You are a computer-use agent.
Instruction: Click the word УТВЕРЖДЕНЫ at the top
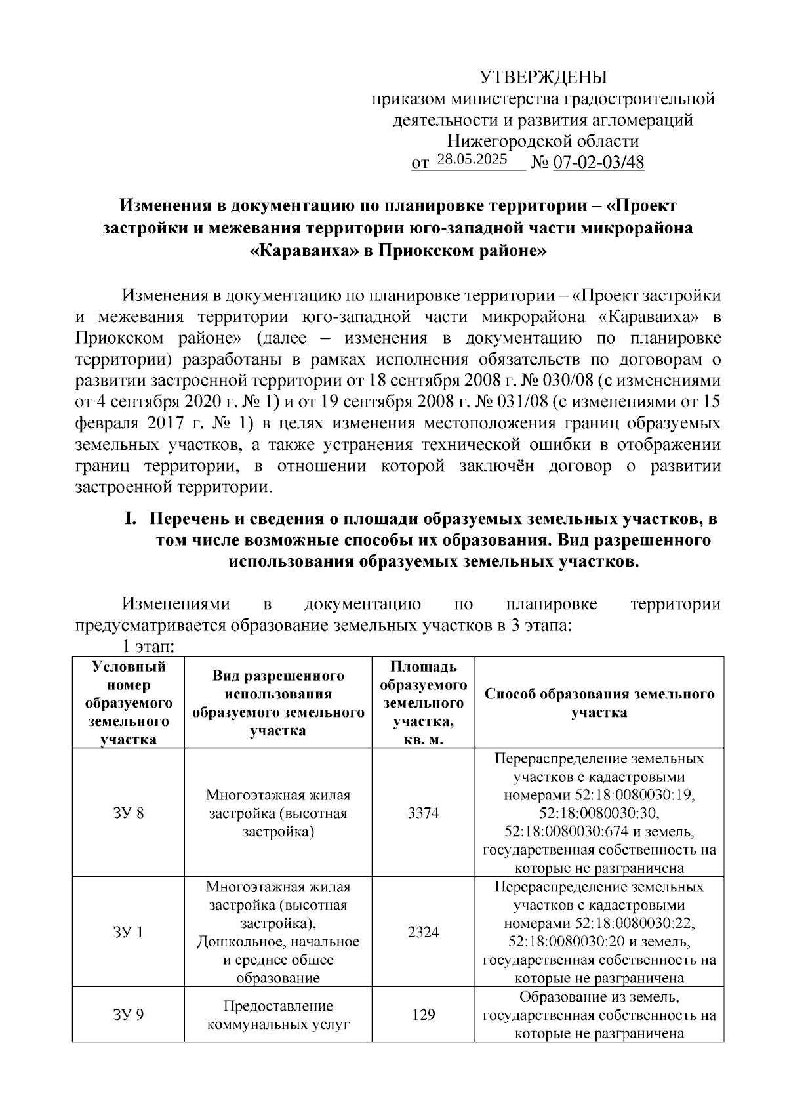tap(544, 77)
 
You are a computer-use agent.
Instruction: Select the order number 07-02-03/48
tap(599, 163)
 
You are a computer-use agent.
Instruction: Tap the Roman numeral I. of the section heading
tap(130, 519)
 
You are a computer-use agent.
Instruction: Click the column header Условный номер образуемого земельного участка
tap(129, 703)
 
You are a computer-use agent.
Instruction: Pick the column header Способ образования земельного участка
tap(599, 703)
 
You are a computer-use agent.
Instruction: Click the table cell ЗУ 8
tap(129, 813)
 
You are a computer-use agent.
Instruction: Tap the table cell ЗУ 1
tap(129, 932)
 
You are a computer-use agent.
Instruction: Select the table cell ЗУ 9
tap(129, 1015)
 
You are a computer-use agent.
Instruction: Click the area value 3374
tap(423, 813)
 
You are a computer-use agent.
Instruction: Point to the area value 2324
tap(423, 932)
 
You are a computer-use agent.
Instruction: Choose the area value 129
tap(423, 1015)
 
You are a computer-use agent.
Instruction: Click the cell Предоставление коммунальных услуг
tap(278, 1015)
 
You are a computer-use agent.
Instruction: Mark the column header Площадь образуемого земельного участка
tap(423, 703)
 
